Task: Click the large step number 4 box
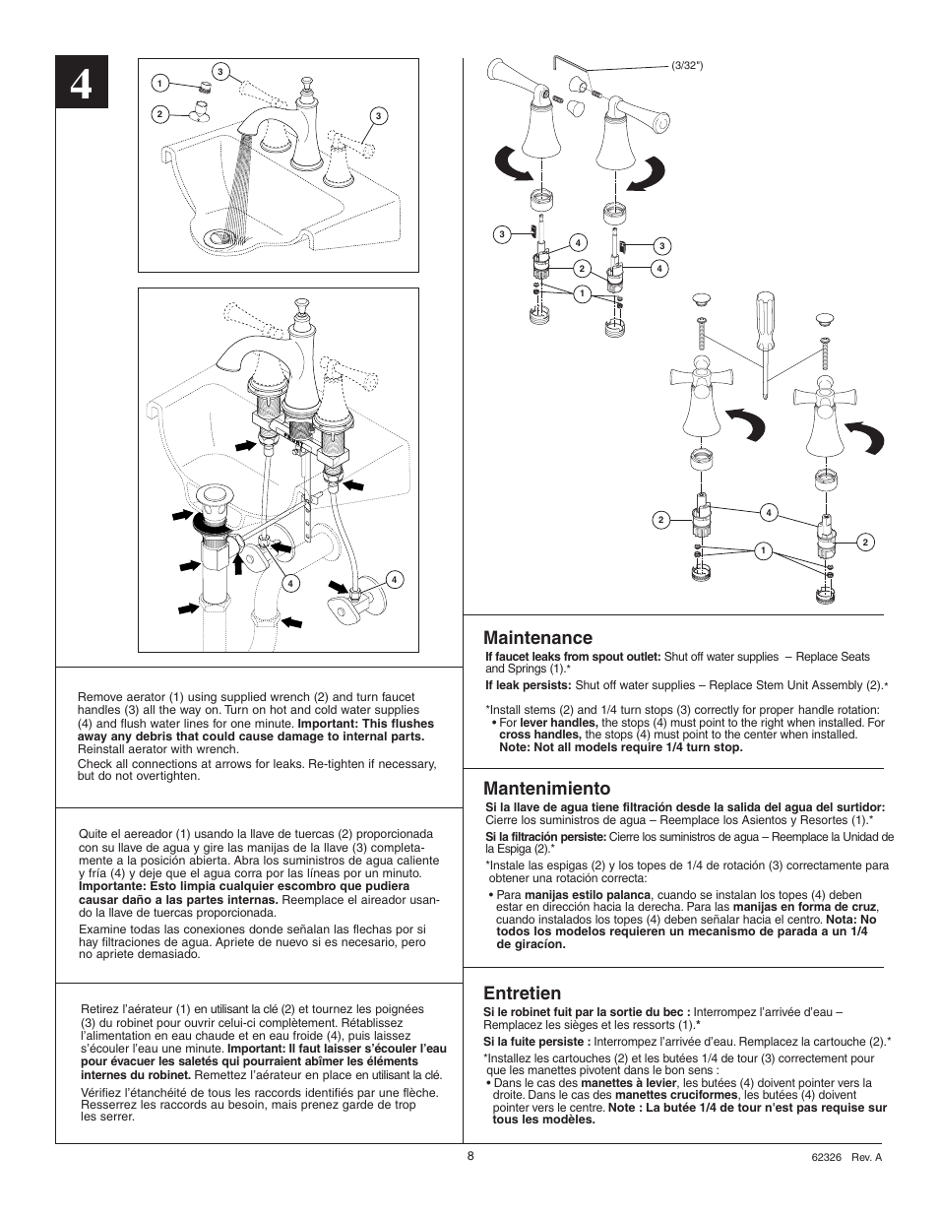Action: coord(82,86)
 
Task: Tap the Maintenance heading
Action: coord(537,638)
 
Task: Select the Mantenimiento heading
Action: coord(546,788)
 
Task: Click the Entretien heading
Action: coord(522,992)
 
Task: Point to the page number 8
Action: coord(470,1156)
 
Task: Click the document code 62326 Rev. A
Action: coord(846,1157)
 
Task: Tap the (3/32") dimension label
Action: coord(687,66)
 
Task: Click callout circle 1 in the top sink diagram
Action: coord(157,84)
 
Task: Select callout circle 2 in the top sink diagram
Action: coord(157,113)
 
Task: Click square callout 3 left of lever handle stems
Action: coord(502,234)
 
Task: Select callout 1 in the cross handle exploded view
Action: coord(762,550)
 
